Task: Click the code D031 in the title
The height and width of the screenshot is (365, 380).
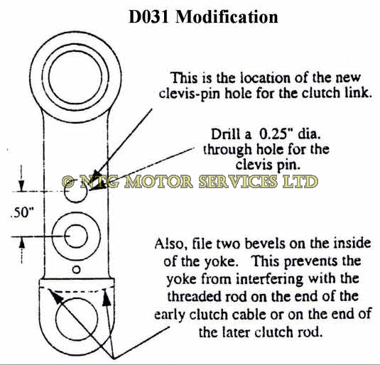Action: click(148, 17)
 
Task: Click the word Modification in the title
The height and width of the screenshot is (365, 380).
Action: click(227, 17)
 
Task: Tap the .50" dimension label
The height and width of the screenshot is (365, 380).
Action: click(22, 212)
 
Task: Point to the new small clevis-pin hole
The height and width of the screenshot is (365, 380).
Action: click(76, 192)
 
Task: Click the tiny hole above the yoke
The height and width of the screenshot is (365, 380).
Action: click(76, 270)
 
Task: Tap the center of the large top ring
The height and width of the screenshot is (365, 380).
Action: click(75, 77)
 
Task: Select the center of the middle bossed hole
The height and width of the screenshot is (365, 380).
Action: click(76, 236)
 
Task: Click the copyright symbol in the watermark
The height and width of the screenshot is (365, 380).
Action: click(69, 182)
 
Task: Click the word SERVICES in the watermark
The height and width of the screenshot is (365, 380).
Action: click(239, 182)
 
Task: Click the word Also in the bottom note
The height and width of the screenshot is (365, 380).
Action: click(171, 244)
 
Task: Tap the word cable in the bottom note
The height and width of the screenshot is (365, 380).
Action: click(251, 315)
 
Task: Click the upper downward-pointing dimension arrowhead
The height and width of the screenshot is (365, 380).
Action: click(21, 186)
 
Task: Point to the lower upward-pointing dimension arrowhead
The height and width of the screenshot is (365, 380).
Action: click(22, 243)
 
